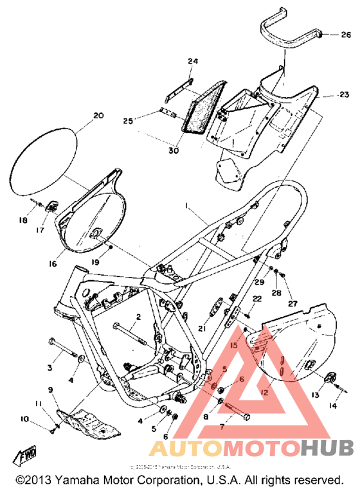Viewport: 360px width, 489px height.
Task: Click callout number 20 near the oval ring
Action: pyautogui.click(x=98, y=116)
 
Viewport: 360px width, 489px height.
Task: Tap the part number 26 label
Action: pyautogui.click(x=346, y=35)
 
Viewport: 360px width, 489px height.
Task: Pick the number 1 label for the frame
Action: pyautogui.click(x=187, y=207)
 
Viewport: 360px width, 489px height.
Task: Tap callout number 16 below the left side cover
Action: pyautogui.click(x=53, y=263)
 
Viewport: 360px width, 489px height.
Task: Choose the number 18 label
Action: pyautogui.click(x=22, y=220)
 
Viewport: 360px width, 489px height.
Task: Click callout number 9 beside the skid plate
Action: pyautogui.click(x=50, y=389)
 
